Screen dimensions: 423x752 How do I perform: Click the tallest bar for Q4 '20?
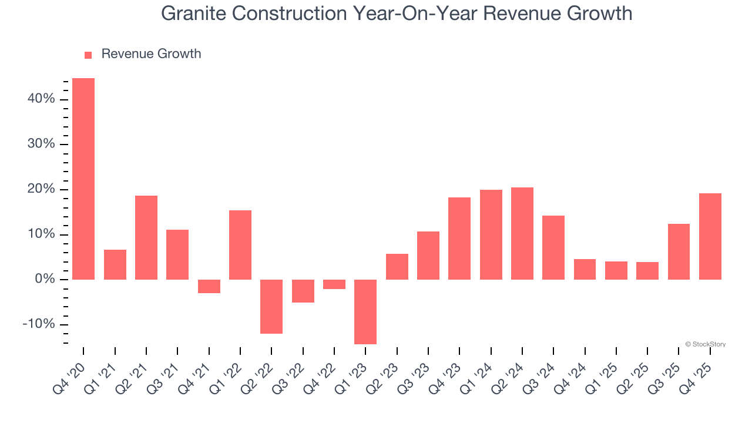pyautogui.click(x=83, y=179)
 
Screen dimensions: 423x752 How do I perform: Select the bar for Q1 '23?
pyautogui.click(x=365, y=311)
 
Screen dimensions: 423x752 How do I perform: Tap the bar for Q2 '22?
pyautogui.click(x=271, y=306)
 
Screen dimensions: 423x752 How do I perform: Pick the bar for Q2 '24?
pyautogui.click(x=522, y=233)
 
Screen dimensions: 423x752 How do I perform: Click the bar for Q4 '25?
pyautogui.click(x=710, y=236)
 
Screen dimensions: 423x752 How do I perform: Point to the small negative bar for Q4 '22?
pyautogui.click(x=334, y=284)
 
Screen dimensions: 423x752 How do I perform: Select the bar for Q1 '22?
pyautogui.click(x=240, y=244)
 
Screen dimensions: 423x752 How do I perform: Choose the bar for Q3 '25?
pyautogui.click(x=679, y=251)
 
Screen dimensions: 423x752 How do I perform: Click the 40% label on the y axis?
pyautogui.click(x=41, y=99)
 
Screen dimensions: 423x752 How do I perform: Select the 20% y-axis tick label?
pyautogui.click(x=41, y=189)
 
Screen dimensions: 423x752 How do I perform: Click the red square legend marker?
pyautogui.click(x=88, y=55)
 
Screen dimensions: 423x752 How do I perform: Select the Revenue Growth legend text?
pyautogui.click(x=151, y=54)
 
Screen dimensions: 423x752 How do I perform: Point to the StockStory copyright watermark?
pyautogui.click(x=705, y=344)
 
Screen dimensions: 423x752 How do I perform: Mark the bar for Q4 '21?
pyautogui.click(x=209, y=286)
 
